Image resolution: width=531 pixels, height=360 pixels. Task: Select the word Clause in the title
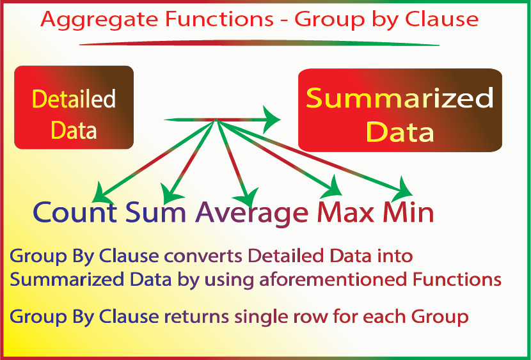coord(441,19)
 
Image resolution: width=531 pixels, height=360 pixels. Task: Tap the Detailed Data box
coord(74,107)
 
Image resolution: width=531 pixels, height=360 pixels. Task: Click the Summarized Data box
coord(400,110)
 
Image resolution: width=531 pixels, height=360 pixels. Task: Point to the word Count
coord(75,212)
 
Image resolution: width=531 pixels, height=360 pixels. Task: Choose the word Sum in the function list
coord(155,212)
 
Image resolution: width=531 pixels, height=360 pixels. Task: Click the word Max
coord(345,212)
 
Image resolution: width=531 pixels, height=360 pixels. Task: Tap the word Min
coord(408,212)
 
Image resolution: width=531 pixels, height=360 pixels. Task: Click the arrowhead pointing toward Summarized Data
coord(271,120)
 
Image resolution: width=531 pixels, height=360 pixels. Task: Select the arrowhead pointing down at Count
coord(101,194)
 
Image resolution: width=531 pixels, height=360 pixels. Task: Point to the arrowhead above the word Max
coord(333,188)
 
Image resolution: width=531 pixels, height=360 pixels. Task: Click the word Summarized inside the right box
coord(400,98)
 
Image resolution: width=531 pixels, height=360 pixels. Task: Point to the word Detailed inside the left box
coord(74,98)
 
